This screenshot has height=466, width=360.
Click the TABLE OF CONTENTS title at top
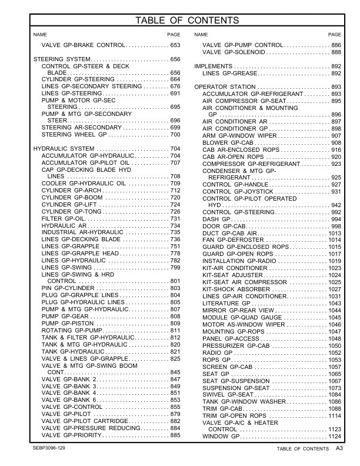pyautogui.click(x=179, y=21)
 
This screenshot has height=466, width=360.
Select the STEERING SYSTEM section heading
pyautogui.click(x=61, y=60)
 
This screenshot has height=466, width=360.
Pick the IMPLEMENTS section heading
pyautogui.click(x=214, y=66)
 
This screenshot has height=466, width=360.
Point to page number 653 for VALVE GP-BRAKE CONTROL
pyautogui.click(x=175, y=45)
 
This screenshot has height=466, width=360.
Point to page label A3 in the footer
pyautogui.click(x=339, y=449)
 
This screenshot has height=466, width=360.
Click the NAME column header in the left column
pyautogui.click(x=40, y=35)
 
